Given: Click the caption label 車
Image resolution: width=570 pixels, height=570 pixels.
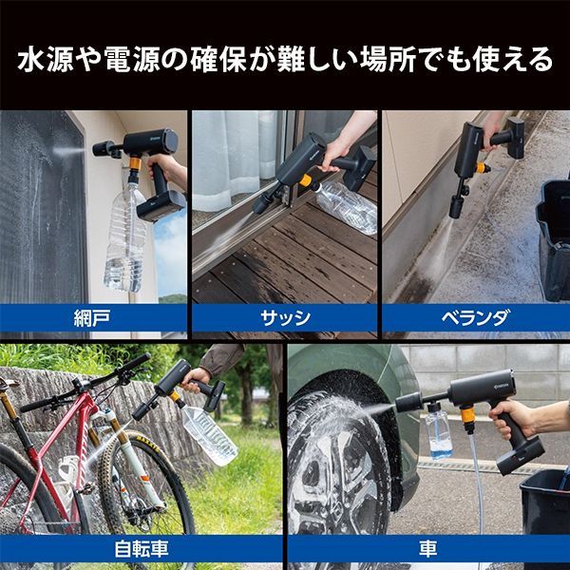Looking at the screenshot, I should coord(427,549).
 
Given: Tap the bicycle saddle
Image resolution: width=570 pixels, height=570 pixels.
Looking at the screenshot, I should coord(9,384).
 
